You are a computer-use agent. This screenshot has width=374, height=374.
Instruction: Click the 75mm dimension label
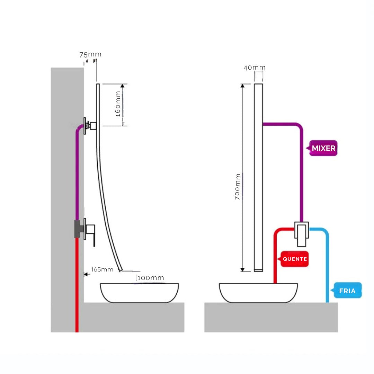(90, 54)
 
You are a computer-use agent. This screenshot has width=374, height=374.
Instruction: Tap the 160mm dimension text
(118, 104)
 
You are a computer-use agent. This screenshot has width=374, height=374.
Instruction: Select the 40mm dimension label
(254, 68)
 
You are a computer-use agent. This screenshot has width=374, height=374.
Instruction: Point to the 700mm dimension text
(238, 187)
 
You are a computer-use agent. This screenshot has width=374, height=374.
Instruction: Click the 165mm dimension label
(102, 269)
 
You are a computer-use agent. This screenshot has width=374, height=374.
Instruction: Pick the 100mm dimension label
(150, 278)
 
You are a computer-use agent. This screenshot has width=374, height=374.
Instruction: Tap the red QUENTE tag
(295, 259)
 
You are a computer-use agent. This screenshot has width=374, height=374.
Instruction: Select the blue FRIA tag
(347, 291)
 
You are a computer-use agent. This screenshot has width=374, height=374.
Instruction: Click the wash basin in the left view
(140, 293)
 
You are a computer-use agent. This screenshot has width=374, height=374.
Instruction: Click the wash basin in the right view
(258, 293)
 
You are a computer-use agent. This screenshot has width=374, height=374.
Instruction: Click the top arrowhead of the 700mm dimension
(243, 86)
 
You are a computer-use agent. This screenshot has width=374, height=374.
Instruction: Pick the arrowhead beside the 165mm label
(86, 274)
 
